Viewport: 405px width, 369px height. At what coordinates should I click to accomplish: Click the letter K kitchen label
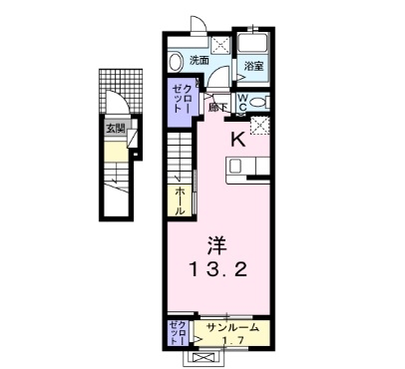coord(238,141)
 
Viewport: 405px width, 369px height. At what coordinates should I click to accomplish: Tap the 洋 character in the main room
coord(216,243)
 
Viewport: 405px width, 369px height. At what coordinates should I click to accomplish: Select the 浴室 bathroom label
coord(254,67)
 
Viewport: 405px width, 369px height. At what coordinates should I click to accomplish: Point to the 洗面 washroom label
coord(200,60)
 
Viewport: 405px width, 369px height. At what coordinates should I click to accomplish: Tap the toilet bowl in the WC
coord(259,102)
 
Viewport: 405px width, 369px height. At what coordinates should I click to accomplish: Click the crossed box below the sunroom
coord(204,356)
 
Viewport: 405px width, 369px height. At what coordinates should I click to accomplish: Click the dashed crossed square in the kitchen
coord(260,126)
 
